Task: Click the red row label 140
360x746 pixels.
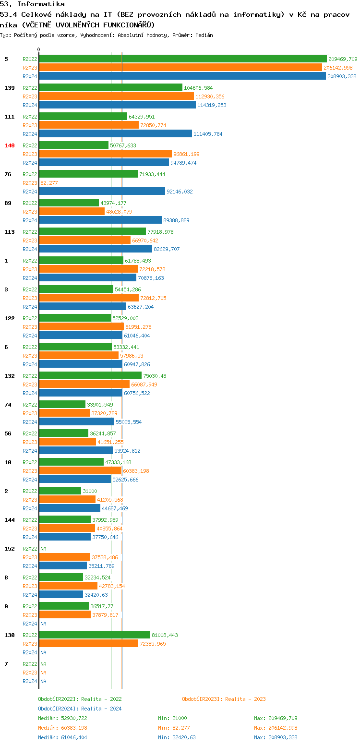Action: [x=10, y=145]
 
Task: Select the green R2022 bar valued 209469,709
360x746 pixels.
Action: [x=182, y=59]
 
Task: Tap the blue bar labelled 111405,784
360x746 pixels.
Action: [x=115, y=134]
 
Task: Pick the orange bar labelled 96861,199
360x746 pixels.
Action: [x=105, y=154]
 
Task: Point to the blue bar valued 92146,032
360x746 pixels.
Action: [x=102, y=192]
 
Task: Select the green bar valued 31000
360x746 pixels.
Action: [x=60, y=491]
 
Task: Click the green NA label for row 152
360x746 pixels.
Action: [x=43, y=549]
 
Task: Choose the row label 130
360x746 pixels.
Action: [x=10, y=635]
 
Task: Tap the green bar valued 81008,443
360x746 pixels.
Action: [x=95, y=635]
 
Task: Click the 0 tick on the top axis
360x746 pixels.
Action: [x=39, y=49]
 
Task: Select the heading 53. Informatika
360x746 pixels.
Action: [x=32, y=4]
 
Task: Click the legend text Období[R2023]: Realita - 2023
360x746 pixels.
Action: [x=224, y=699]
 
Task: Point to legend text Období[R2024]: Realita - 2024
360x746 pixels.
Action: [x=80, y=709]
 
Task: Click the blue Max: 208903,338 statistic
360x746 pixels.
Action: [x=276, y=737]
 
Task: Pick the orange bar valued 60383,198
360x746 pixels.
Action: [x=80, y=471]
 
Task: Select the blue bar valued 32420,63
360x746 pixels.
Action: [x=61, y=595]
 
